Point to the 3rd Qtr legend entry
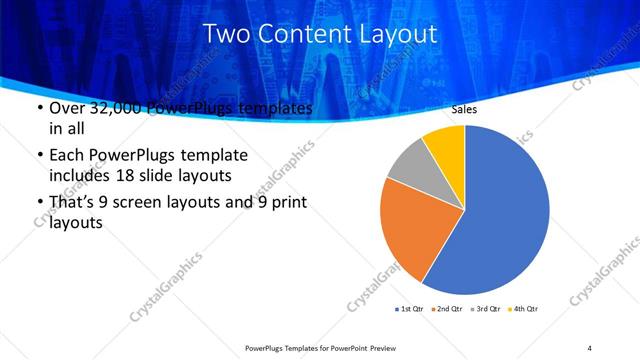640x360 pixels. pyautogui.click(x=488, y=308)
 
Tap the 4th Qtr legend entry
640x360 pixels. pyautogui.click(x=526, y=308)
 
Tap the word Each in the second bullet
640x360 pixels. pyautogui.click(x=68, y=156)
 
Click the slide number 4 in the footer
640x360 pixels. pyautogui.click(x=590, y=347)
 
